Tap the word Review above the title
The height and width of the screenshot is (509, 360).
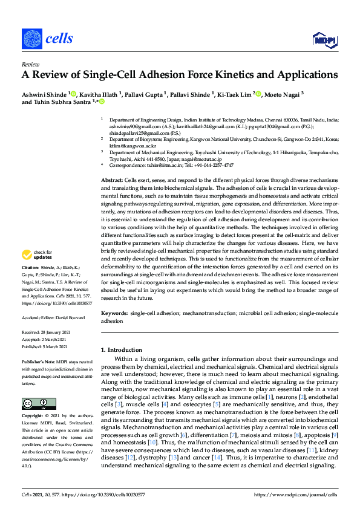pyautogui.click(x=30, y=63)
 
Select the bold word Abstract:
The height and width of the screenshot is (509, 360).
pyautogui.click(x=111, y=164)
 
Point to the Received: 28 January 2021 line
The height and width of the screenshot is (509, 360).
pyautogui.click(x=47, y=332)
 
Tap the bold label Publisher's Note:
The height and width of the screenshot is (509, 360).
pyautogui.click(x=38, y=360)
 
